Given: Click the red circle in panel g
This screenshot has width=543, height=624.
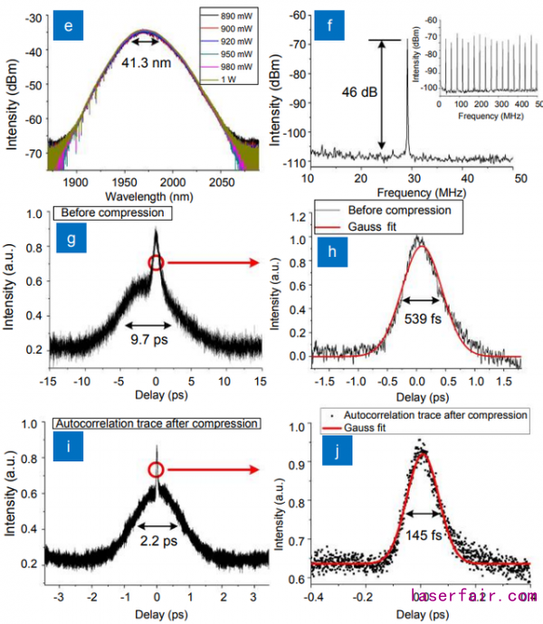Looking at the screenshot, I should pyautogui.click(x=156, y=263).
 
